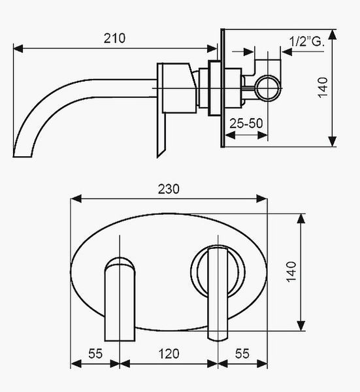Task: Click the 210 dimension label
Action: tap(114, 39)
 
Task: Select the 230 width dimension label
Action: tap(169, 189)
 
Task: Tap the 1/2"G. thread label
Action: tap(306, 41)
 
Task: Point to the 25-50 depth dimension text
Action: tap(246, 123)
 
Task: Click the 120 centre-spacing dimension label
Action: tap(169, 353)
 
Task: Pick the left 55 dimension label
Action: tap(95, 353)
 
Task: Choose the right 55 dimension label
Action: tap(242, 353)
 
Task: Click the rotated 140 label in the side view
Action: tap(323, 88)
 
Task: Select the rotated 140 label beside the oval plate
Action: tap(291, 272)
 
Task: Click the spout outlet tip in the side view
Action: tap(22, 157)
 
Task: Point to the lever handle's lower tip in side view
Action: tap(158, 156)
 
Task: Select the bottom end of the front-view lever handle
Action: tap(218, 340)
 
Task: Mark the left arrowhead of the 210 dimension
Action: tap(18, 48)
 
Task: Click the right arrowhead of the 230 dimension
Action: tap(262, 199)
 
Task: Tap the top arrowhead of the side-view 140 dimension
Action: tap(332, 34)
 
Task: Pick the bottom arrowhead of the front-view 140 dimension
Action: tap(301, 326)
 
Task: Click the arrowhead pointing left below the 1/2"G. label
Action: tap(287, 52)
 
